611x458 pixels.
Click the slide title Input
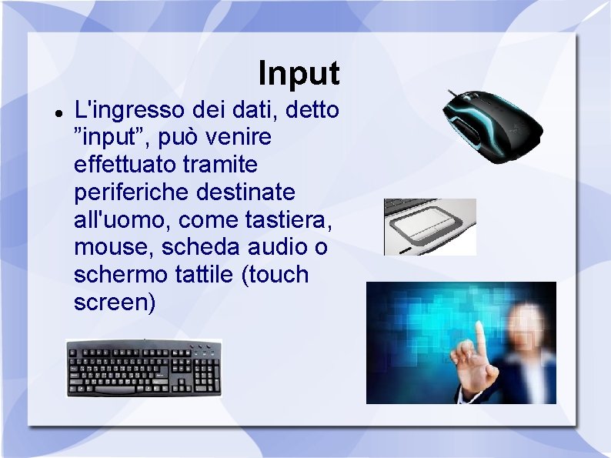pos(299,74)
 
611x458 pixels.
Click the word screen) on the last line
pos(115,303)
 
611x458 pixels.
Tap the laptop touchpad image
pos(430,226)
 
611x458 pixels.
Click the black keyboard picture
pos(144,368)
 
